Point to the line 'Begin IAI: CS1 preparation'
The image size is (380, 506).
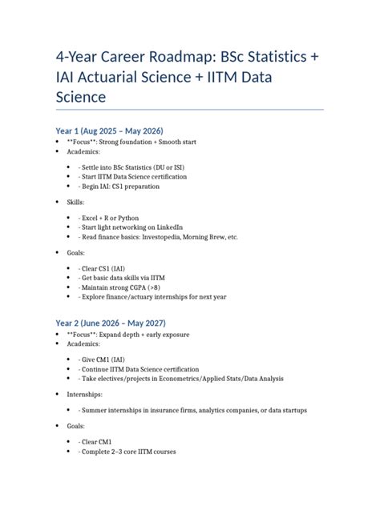click(x=119, y=187)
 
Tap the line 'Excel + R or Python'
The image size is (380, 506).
click(x=110, y=217)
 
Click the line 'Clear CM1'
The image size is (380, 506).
click(x=96, y=441)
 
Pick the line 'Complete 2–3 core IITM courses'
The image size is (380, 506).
click(x=127, y=452)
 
